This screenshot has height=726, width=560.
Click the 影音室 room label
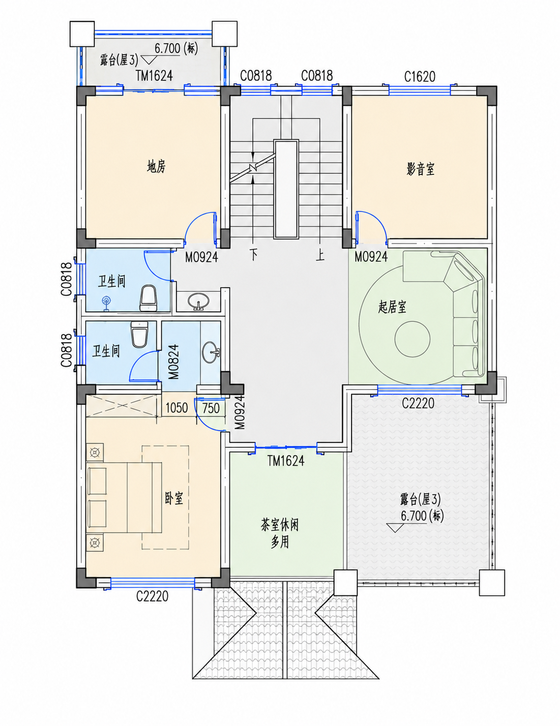click(x=420, y=169)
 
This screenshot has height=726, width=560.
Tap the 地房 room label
click(x=156, y=166)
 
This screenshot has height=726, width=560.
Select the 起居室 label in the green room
click(x=392, y=307)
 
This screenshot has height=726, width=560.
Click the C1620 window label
click(x=419, y=77)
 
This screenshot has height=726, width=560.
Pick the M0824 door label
click(x=174, y=361)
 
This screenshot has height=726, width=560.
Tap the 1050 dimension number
click(x=176, y=408)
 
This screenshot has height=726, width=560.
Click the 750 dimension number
click(x=211, y=408)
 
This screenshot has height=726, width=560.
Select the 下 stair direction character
click(x=254, y=255)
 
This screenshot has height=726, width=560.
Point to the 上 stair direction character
click(x=320, y=255)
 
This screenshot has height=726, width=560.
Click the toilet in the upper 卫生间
click(x=147, y=298)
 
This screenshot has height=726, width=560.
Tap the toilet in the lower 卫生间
click(x=139, y=334)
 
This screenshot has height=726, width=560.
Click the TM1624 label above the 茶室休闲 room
click(x=286, y=461)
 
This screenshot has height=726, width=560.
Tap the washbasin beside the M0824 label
click(x=211, y=352)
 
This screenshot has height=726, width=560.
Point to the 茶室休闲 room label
click(x=279, y=525)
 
